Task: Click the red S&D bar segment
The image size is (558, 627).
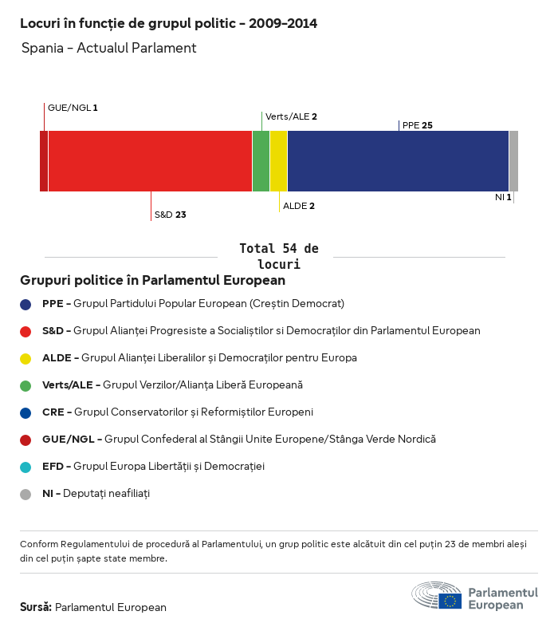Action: [x=150, y=161]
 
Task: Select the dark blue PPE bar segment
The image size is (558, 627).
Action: [x=398, y=161]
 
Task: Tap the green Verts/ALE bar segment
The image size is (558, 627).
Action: [x=261, y=161]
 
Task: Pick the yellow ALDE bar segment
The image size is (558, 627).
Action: [x=278, y=161]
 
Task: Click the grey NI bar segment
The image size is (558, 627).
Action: [x=513, y=161]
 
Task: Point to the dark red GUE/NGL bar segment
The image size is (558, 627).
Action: [x=44, y=161]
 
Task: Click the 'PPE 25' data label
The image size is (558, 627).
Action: [x=418, y=125]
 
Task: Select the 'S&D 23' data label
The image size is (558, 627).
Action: [x=170, y=215]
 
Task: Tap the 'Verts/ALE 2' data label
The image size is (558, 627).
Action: [x=291, y=116]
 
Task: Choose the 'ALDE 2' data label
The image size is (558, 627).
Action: [x=299, y=206]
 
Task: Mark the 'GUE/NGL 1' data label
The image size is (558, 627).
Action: [x=73, y=107]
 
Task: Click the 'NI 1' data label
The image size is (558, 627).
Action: [x=503, y=196]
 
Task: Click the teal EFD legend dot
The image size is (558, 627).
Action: [x=26, y=467]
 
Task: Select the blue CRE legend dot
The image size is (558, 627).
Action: [x=26, y=412]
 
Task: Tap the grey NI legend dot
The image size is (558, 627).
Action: [x=26, y=494]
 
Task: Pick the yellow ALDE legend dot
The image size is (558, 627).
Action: [x=26, y=358]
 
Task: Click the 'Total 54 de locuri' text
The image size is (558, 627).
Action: [x=278, y=256]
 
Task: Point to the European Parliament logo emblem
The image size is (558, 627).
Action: [x=436, y=595]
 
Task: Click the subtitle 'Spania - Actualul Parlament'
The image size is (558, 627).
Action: [x=108, y=48]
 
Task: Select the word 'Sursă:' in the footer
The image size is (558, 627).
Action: [x=36, y=607]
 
